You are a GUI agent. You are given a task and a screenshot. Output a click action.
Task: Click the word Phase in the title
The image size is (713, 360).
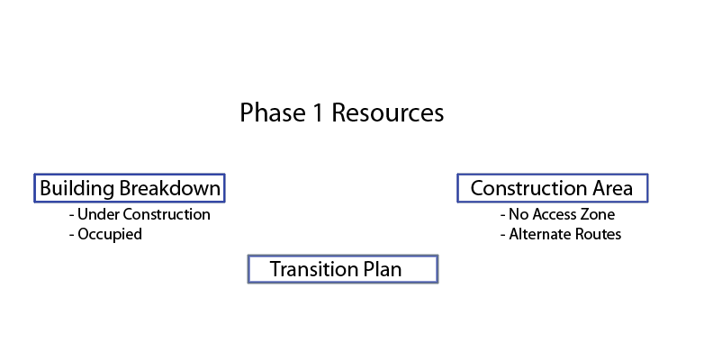[273, 112]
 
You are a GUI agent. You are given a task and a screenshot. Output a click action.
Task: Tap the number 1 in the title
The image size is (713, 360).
[318, 112]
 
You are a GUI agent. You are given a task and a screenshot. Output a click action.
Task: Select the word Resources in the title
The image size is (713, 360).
[388, 112]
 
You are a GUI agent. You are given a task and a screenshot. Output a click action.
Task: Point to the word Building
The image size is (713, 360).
[77, 188]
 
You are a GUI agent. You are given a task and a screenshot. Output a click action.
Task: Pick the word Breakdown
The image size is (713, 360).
[170, 188]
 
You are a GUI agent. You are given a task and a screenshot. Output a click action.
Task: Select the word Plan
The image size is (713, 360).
[383, 269]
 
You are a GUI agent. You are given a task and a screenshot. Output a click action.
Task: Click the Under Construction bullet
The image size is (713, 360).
[140, 214]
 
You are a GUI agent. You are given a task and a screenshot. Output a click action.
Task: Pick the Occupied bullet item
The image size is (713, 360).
[105, 235]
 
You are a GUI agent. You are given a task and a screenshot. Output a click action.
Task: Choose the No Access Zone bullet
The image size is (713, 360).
[557, 214]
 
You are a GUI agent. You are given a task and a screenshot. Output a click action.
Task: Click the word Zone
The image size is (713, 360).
[600, 214]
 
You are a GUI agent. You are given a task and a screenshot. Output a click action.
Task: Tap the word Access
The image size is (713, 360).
[557, 214]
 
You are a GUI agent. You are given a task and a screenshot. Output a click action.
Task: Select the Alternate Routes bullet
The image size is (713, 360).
[561, 234]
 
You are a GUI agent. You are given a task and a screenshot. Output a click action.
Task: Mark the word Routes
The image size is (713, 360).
[599, 234]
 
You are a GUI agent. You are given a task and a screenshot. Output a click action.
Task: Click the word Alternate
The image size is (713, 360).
[540, 234]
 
